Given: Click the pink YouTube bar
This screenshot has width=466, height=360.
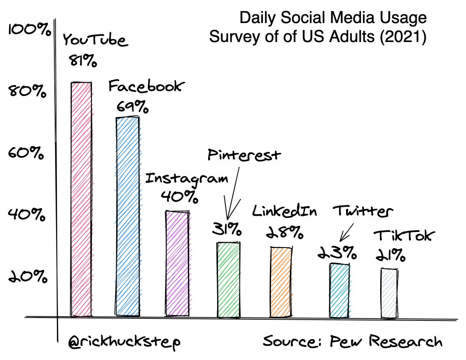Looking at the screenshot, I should [x=81, y=200].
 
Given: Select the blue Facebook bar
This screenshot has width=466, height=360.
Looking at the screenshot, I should [x=127, y=217].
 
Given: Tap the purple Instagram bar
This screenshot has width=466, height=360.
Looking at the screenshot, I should [x=178, y=264].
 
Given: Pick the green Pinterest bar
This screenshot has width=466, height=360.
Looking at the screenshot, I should [x=229, y=280].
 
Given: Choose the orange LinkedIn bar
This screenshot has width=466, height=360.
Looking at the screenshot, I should [x=281, y=282].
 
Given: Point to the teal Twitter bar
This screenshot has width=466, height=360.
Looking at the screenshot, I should [x=340, y=290].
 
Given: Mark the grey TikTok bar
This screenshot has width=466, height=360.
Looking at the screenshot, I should [x=389, y=293].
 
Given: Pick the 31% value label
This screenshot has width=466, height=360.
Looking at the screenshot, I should [x=227, y=229].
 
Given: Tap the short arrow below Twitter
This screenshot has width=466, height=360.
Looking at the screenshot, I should [x=347, y=233].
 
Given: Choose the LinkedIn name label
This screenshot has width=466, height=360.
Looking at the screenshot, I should [x=285, y=211].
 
